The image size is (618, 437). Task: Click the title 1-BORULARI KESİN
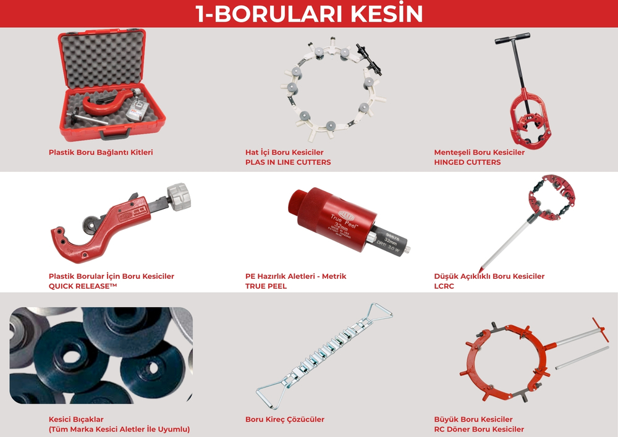coord(309,14)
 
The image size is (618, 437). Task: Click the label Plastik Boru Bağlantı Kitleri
coord(101,152)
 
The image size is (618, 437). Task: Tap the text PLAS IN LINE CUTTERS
coord(288,162)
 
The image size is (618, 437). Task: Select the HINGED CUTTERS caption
coord(467,162)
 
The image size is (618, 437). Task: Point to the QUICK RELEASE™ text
coord(83,286)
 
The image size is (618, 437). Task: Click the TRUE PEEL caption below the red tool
coord(266,286)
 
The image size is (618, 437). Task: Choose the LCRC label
coord(444,286)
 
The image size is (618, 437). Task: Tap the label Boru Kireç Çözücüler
coord(284,419)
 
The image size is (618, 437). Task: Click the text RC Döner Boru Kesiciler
coord(479,429)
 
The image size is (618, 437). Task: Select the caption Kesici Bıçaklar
coord(76,419)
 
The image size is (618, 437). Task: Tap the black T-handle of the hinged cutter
coord(512,38)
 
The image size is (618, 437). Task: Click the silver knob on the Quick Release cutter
coord(179,196)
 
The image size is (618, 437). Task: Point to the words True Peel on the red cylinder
coord(344,220)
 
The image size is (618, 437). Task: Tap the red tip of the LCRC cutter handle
coord(480,270)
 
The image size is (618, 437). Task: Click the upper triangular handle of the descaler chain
coord(377,312)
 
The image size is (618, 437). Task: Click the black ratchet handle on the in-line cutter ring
coord(369,60)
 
